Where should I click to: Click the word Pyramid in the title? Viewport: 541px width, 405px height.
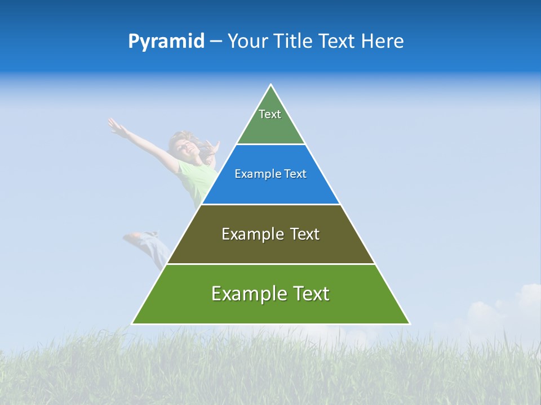tap(166, 42)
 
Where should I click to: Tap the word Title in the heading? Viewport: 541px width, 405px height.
tap(294, 42)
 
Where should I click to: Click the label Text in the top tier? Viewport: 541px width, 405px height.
tap(270, 114)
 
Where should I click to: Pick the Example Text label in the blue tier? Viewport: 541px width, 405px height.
tap(270, 174)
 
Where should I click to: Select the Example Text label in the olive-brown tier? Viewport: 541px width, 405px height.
tap(270, 234)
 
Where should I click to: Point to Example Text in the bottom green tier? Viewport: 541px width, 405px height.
tap(270, 294)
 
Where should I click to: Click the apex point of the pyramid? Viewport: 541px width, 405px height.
tap(271, 85)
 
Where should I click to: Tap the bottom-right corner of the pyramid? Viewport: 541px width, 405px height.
tap(409, 323)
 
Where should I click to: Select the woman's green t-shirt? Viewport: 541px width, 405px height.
tap(194, 180)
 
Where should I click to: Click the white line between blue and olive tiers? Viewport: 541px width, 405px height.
tap(270, 204)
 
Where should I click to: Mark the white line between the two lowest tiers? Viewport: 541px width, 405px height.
tap(270, 264)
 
